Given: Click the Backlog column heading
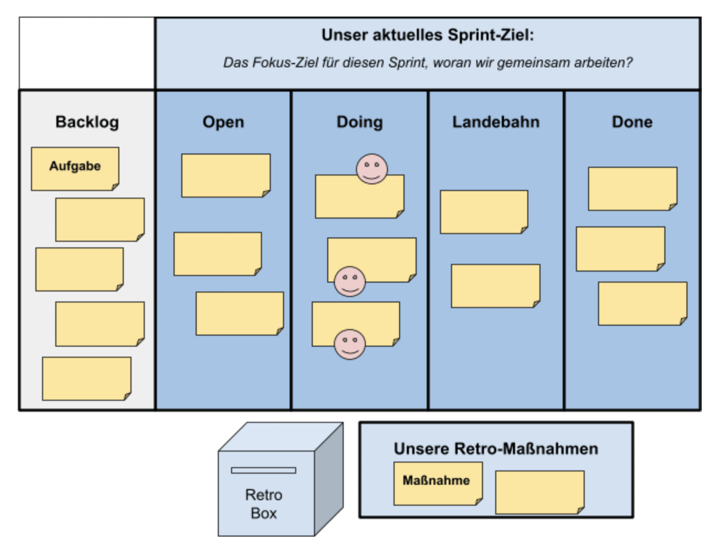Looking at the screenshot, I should click(87, 122).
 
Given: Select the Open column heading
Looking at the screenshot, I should click(223, 122).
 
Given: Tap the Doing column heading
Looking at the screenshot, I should click(359, 122).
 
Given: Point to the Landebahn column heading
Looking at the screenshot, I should click(496, 122).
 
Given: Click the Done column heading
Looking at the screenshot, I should click(632, 122).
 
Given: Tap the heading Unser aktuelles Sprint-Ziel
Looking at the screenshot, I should click(428, 35).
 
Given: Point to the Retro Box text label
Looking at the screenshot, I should click(264, 504).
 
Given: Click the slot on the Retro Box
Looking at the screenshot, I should click(264, 470).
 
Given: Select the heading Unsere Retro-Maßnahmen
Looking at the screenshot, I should click(496, 448).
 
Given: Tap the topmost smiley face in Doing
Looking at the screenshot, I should click(371, 169).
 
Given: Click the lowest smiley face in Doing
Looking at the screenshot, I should click(349, 344).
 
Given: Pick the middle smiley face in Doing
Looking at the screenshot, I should click(349, 282).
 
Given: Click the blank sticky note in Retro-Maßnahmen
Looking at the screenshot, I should click(539, 492).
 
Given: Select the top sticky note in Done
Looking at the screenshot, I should click(632, 189).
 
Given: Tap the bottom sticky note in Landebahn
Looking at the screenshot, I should click(495, 286).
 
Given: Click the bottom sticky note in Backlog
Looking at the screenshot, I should click(87, 378).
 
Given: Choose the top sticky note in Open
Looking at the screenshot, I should click(225, 176).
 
